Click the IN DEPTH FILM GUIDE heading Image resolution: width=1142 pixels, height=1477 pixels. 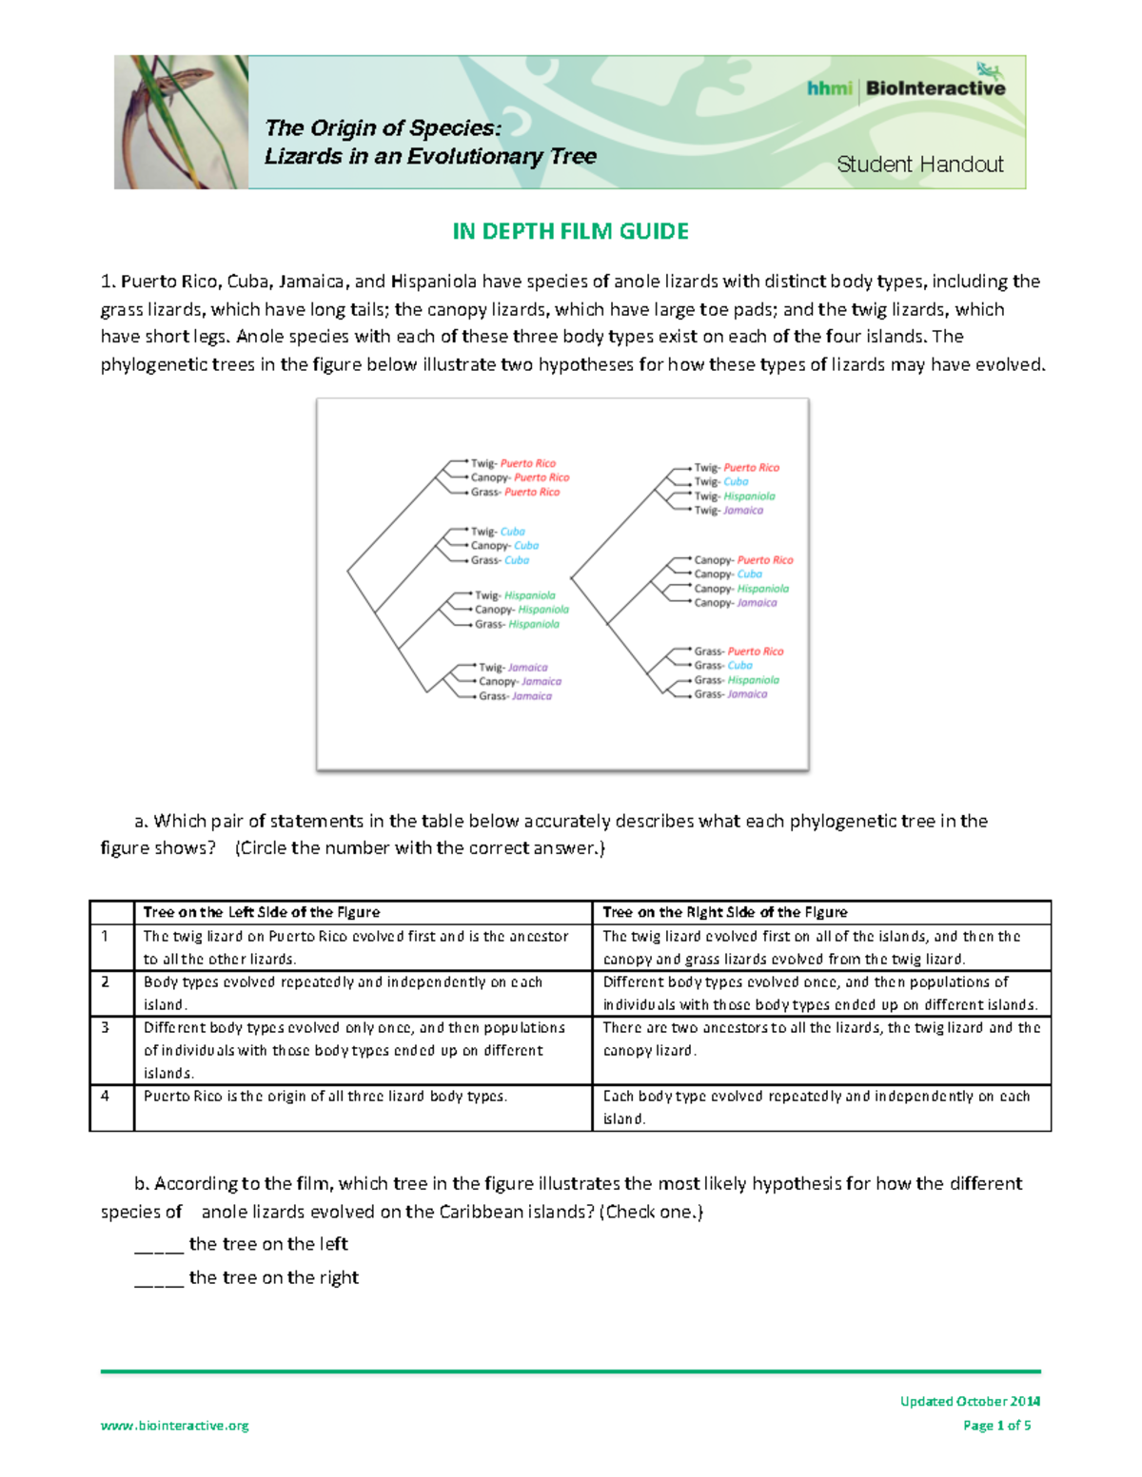click(570, 231)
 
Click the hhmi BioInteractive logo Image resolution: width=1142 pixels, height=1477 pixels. click(905, 88)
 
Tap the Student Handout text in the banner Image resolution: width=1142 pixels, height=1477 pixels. click(919, 165)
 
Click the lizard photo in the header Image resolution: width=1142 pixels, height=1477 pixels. click(181, 122)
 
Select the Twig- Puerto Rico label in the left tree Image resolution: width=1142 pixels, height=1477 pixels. click(513, 463)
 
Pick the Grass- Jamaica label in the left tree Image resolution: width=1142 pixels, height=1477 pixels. click(515, 696)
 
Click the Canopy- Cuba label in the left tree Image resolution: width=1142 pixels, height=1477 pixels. click(504, 546)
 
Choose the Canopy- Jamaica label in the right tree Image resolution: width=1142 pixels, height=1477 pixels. click(735, 603)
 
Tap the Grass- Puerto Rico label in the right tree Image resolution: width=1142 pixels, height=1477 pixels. click(738, 651)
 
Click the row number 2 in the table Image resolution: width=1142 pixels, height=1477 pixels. click(106, 981)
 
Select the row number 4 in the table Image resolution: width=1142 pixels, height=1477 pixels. click(106, 1096)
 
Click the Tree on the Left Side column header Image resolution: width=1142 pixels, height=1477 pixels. click(262, 912)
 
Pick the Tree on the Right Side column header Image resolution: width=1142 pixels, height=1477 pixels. click(724, 912)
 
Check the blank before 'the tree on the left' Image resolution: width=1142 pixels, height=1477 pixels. click(159, 1246)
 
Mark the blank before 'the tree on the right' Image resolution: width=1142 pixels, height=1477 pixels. click(159, 1279)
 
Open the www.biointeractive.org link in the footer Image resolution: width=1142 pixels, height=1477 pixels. click(175, 1425)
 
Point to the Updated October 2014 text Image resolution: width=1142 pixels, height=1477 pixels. click(970, 1401)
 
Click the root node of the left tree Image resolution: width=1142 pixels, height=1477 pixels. click(348, 572)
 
